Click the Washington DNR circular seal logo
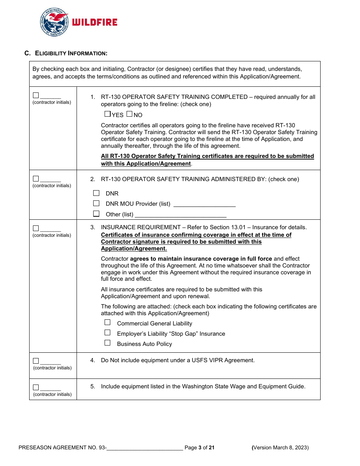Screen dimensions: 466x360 54,22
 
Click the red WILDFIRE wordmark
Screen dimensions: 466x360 94,23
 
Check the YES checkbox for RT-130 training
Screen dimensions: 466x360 107,114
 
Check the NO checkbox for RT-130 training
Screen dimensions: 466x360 129,114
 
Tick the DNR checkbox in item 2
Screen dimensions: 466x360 96,193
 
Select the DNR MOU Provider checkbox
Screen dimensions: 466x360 96,203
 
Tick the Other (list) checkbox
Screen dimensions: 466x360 96,214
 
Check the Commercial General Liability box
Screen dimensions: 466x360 108,322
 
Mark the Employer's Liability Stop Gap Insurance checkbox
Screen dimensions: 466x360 108,333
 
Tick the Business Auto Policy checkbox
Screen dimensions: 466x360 108,343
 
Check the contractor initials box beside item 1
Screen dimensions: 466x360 36,95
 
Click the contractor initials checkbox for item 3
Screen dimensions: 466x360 36,228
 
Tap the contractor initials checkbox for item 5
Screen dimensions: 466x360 36,387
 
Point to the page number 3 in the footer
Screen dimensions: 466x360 200,447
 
